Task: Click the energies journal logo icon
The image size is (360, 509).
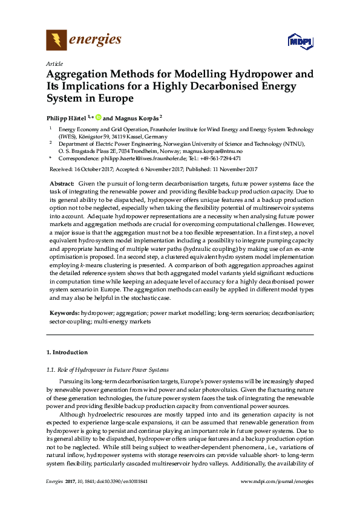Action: click(56, 41)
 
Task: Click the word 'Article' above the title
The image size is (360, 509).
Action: click(54, 63)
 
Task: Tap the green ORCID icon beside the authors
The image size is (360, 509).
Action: click(97, 118)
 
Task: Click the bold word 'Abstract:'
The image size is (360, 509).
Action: click(61, 183)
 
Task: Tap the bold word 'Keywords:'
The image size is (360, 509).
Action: click(64, 313)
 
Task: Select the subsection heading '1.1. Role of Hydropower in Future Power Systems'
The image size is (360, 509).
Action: click(108, 369)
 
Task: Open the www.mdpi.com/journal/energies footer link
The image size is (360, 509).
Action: click(277, 498)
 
